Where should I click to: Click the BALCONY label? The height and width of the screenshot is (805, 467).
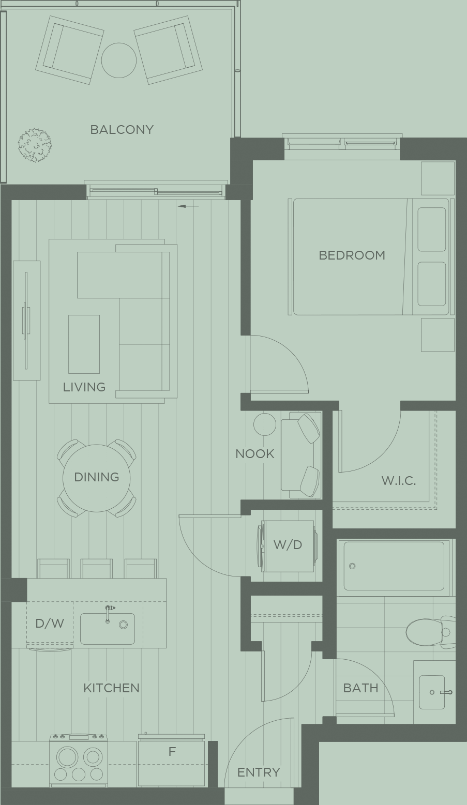pos(122,129)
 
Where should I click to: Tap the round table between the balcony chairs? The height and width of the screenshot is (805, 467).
pos(119,60)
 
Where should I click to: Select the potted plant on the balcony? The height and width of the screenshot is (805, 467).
pos(35,145)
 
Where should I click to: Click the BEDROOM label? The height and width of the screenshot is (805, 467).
pos(352,255)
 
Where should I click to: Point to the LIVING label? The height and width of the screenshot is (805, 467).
pos(84,387)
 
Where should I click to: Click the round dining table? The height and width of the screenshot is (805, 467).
pos(96,478)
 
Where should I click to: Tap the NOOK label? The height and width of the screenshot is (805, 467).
pos(255,454)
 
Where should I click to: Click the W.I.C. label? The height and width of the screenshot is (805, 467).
pos(399,480)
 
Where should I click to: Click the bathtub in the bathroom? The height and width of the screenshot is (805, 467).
pos(394,566)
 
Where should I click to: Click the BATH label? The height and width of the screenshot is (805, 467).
pos(360,688)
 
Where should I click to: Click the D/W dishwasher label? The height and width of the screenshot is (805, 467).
pos(50,624)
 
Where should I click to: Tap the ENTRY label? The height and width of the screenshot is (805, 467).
pos(259,772)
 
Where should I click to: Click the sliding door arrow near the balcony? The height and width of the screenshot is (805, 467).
pos(188,206)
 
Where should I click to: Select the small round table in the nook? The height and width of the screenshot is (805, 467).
pos(265,424)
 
